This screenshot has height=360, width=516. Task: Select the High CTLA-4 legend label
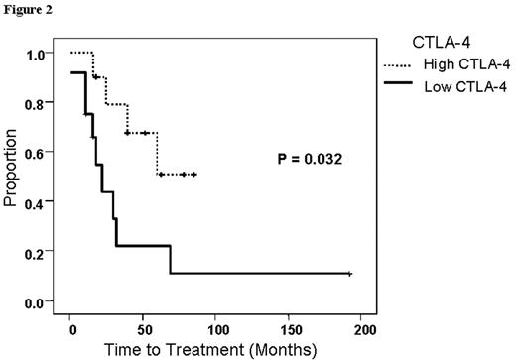[462, 65]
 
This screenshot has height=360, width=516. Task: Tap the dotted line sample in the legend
[399, 65]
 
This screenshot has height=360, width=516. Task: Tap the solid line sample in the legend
[399, 86]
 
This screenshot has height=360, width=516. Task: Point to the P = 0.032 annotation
[310, 159]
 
